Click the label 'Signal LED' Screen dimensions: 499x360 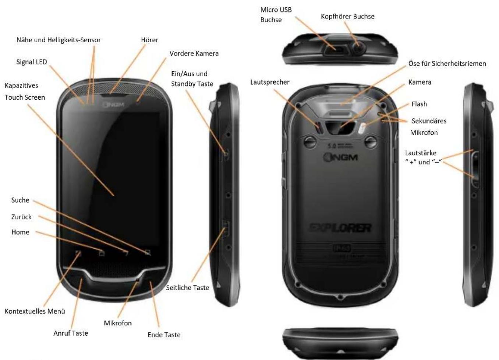coord(32,62)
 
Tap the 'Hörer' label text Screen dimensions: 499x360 coord(149,40)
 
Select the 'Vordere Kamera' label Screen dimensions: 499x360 coord(194,53)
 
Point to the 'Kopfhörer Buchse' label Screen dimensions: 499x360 coord(347,16)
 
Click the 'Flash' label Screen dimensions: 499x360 coord(419,104)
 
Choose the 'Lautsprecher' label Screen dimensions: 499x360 coord(270,82)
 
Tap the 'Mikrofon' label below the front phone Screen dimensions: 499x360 coord(118,323)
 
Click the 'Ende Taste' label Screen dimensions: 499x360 coord(164,335)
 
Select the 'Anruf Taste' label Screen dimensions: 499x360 coord(71,333)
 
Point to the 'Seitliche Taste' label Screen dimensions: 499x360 coord(188,288)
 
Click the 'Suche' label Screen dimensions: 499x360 coord(20,200)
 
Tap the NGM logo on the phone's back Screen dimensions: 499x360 coord(340,157)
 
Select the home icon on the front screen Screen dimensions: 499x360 coord(102,253)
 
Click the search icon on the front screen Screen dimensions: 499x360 coord(148,253)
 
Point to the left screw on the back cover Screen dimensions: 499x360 coord(310,142)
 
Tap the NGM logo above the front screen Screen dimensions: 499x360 coord(114,104)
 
